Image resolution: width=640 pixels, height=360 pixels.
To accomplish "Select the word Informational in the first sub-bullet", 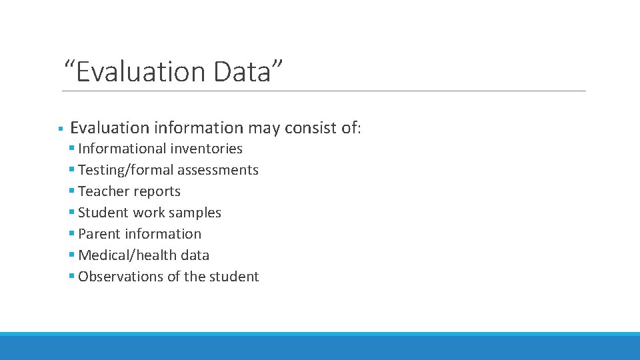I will (121, 149).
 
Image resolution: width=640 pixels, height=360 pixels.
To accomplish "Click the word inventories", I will (206, 149).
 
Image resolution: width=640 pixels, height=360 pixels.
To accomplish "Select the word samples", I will (195, 213).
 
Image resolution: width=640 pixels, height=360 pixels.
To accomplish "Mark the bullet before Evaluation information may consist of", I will (60, 128).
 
